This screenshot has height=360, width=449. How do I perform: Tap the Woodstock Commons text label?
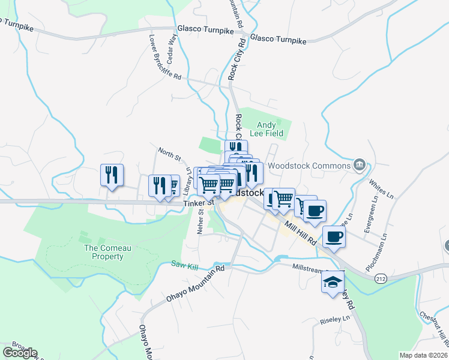coord(309,166)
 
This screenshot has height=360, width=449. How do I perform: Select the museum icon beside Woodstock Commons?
coord(360,164)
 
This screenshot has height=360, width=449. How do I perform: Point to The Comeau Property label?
coord(104,252)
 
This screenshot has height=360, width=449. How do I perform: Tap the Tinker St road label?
coord(198,203)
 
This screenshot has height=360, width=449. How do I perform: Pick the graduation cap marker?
coord(332,282)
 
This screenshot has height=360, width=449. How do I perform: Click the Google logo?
coord(20,352)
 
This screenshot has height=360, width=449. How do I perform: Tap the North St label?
coord(169,154)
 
